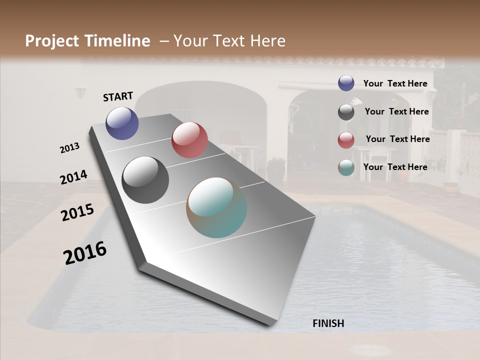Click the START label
pos(118,96)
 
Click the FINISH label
pos(328,323)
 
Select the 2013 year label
pos(69,148)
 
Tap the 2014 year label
pos(73,177)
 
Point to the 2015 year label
pos(77,212)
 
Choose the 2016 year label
pos(85,253)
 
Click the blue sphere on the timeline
pos(122,123)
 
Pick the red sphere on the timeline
pos(189,140)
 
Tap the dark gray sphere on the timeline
pos(145,180)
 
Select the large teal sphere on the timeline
pos(216,207)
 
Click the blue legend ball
pos(346,83)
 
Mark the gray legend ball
pos(346,112)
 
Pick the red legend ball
pos(346,140)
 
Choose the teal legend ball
pos(346,168)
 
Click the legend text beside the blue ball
pos(395,83)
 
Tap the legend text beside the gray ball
pos(396,111)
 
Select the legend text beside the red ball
pos(397,139)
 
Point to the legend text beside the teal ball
pos(395,167)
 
